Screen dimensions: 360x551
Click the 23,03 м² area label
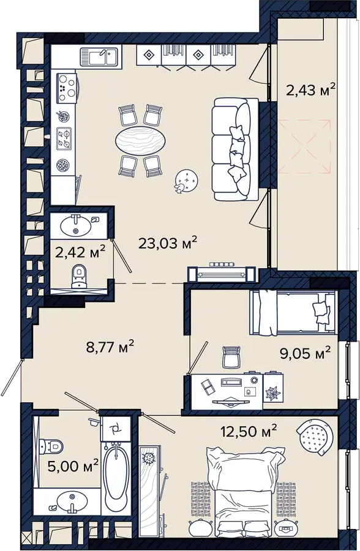(x=167, y=242)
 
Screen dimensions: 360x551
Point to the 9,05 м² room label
(x=305, y=353)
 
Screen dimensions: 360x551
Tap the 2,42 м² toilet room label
(x=80, y=252)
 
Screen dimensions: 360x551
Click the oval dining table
(x=140, y=140)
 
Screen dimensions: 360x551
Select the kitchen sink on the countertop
(x=99, y=56)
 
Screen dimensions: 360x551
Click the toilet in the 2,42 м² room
(x=79, y=276)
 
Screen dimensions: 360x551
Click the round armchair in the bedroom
(x=314, y=436)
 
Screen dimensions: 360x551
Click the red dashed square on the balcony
(x=305, y=146)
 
